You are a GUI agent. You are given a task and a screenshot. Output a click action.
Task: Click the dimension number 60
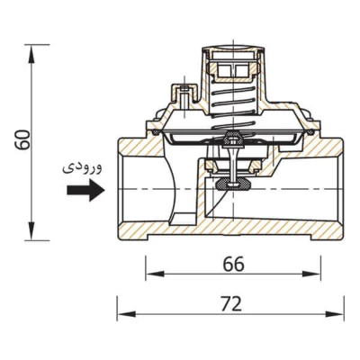[x=22, y=139]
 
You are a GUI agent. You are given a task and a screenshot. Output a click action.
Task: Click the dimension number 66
[x=233, y=265]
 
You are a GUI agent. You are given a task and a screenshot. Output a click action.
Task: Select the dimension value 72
[x=230, y=304]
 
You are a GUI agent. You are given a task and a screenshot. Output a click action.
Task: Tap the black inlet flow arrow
[x=85, y=190]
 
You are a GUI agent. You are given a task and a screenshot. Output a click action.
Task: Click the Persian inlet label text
[x=82, y=167]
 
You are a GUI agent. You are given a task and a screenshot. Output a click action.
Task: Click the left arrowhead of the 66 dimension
[x=155, y=274]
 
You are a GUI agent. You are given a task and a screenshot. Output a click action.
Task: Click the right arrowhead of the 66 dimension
[x=311, y=274]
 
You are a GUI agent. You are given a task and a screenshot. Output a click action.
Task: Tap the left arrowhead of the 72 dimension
[x=126, y=314]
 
